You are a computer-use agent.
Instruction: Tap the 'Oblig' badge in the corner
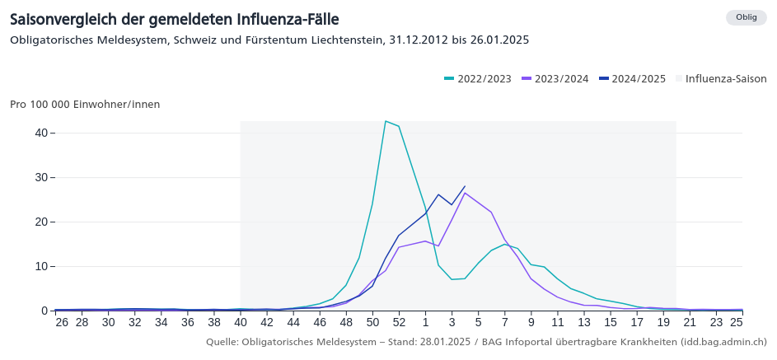[746, 17]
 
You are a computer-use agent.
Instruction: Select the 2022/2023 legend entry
[478, 79]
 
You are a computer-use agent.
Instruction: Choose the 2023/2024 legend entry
[555, 79]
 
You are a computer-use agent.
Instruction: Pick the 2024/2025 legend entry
[633, 79]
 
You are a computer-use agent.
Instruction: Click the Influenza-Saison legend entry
[721, 79]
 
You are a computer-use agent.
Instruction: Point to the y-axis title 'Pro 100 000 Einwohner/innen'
[85, 105]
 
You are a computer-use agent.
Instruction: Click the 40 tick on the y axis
[40, 133]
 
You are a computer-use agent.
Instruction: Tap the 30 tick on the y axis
[40, 177]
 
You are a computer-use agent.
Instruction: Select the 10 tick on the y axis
[40, 266]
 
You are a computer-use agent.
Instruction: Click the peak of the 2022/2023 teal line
[386, 121]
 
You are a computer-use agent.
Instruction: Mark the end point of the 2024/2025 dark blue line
[465, 186]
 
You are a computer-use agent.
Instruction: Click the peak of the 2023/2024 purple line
[465, 193]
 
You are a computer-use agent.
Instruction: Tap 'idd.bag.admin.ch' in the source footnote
[723, 341]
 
